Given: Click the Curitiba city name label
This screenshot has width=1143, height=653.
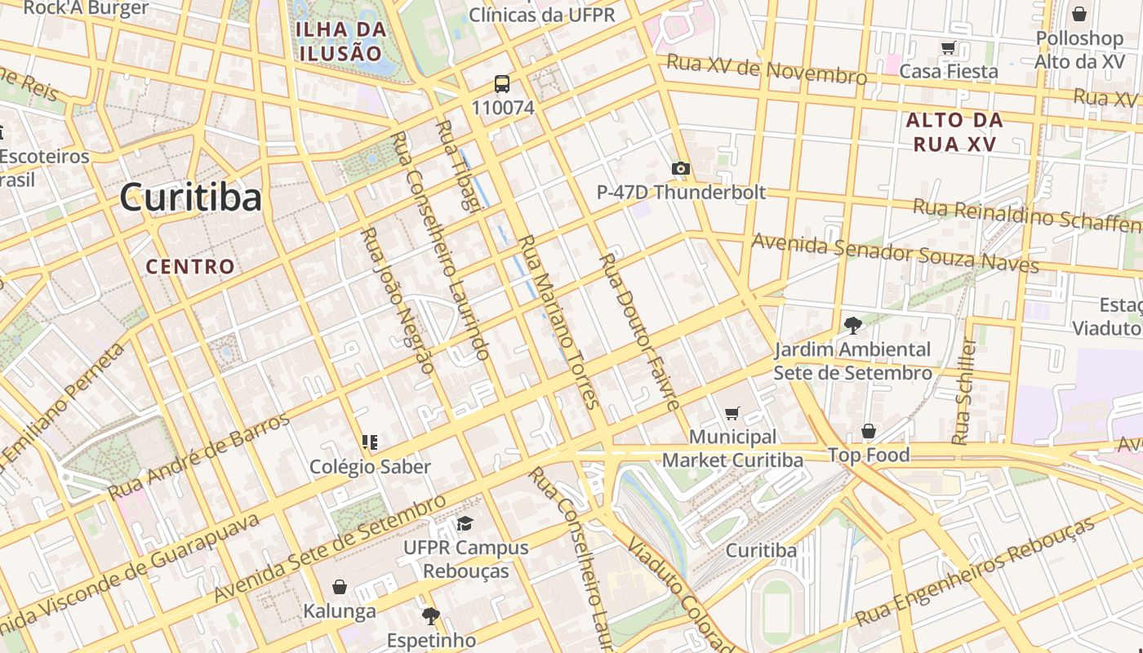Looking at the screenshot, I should pyautogui.click(x=190, y=198).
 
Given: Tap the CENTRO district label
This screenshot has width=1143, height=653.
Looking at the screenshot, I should pyautogui.click(x=190, y=266).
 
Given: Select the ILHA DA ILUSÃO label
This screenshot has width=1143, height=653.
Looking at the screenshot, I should pyautogui.click(x=340, y=42).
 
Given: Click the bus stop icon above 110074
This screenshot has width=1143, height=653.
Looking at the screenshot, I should pyautogui.click(x=502, y=83).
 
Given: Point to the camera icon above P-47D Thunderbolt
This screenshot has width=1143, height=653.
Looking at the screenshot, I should pyautogui.click(x=680, y=169).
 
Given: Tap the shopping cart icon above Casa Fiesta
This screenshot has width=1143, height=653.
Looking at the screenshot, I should pyautogui.click(x=948, y=48).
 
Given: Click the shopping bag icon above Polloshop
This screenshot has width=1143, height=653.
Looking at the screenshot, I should pyautogui.click(x=1079, y=14).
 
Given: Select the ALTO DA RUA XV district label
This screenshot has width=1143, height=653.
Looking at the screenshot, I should pyautogui.click(x=954, y=132).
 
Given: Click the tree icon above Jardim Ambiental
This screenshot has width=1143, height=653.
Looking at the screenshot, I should pyautogui.click(x=852, y=326).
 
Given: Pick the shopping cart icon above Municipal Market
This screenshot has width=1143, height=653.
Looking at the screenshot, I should pyautogui.click(x=732, y=414).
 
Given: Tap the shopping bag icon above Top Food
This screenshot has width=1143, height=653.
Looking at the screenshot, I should pyautogui.click(x=869, y=431).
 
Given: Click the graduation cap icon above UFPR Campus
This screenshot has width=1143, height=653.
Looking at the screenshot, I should pyautogui.click(x=465, y=523).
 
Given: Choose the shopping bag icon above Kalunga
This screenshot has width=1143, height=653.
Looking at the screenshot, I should pyautogui.click(x=340, y=587).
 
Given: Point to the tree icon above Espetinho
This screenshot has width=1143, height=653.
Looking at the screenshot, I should pyautogui.click(x=430, y=615).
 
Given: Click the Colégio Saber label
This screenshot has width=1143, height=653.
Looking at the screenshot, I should pyautogui.click(x=370, y=467).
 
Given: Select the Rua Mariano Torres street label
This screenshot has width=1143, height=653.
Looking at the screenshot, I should pyautogui.click(x=559, y=322).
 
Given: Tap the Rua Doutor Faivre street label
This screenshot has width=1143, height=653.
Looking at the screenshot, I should pyautogui.click(x=639, y=331).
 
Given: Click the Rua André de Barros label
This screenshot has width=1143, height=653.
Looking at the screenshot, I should pyautogui.click(x=198, y=457).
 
